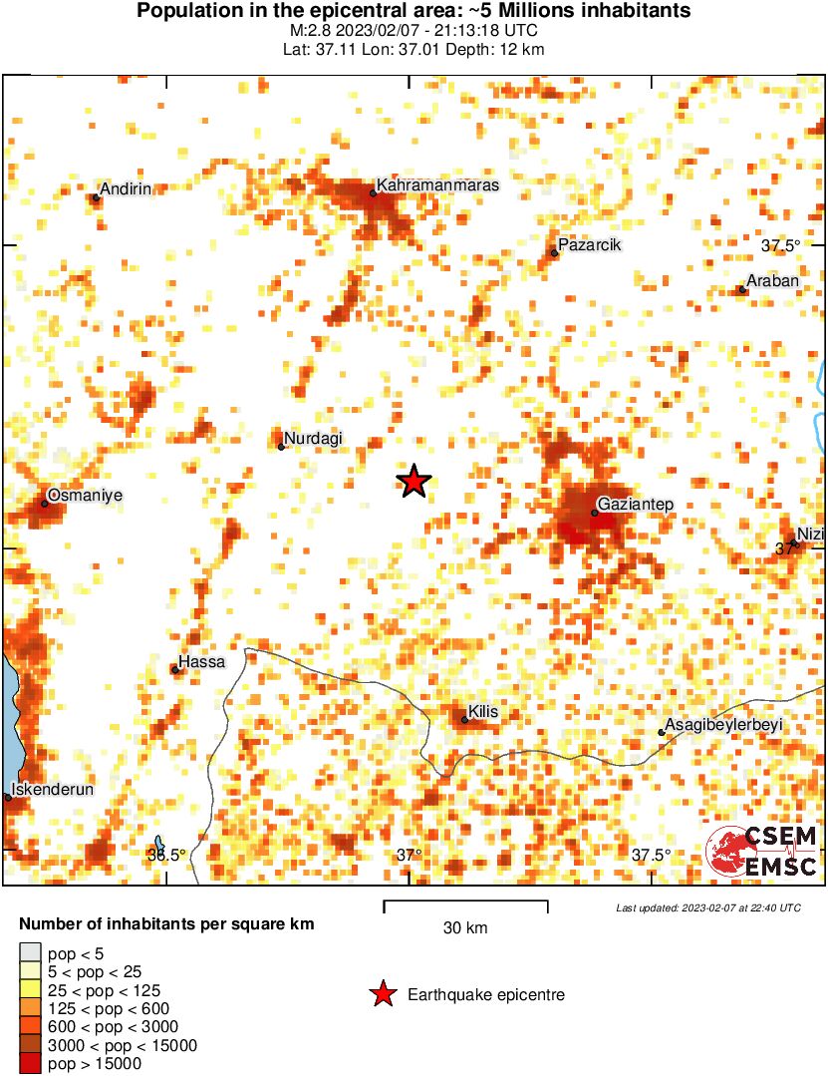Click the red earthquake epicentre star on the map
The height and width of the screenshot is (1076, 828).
(414, 482)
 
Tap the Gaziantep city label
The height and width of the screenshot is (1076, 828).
(636, 505)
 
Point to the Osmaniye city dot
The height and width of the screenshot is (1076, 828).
(44, 504)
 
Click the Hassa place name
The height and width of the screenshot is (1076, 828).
(202, 662)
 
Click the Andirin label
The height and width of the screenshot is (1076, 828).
(127, 189)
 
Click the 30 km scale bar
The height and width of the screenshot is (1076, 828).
(465, 905)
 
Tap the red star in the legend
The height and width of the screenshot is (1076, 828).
(382, 994)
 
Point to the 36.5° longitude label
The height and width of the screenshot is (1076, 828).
(166, 855)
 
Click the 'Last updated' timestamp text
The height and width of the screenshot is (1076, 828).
(707, 907)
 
